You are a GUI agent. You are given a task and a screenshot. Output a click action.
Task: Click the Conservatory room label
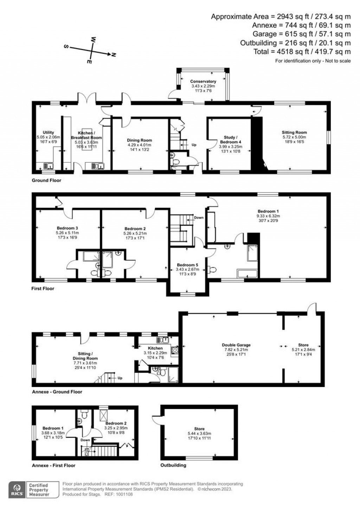point(203,82)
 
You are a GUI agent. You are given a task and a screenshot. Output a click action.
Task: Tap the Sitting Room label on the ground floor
point(294,133)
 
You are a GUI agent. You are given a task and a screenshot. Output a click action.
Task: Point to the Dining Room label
point(140,140)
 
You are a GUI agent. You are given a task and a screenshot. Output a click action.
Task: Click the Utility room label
point(49,133)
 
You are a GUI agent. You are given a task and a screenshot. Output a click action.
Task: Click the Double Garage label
point(236,345)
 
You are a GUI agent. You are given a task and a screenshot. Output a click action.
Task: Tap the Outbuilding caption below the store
point(173,465)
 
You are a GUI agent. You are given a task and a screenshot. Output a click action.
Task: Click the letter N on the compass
point(114,55)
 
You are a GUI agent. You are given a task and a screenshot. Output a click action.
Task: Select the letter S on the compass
point(66,46)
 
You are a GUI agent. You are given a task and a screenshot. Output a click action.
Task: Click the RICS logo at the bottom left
point(17,490)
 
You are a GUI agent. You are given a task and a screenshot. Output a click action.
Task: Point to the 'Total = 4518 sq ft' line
point(302,52)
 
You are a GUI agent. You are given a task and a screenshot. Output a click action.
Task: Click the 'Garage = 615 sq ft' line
point(302,34)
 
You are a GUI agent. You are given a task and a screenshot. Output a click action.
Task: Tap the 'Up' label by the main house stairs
point(194,145)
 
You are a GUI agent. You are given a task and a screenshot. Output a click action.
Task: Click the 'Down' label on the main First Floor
point(199,217)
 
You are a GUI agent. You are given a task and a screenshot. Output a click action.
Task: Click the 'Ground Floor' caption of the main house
point(46,180)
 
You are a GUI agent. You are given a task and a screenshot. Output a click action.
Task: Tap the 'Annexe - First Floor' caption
point(53,465)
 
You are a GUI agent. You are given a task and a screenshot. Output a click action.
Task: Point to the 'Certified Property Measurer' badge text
point(39,490)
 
